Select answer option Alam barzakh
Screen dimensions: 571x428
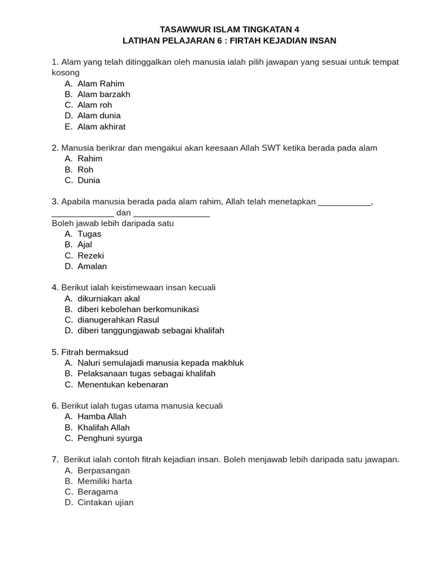[x=104, y=94]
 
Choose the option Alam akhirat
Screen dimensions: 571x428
[x=101, y=127]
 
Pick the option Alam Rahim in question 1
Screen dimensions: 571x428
[x=101, y=84]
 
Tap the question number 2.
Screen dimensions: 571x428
[x=55, y=148]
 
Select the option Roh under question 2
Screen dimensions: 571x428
[x=85, y=170]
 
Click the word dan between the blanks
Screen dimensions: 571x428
[x=124, y=212]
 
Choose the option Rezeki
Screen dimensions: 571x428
[x=91, y=255]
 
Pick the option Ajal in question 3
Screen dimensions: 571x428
[x=85, y=244]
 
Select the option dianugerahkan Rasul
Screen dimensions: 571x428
[x=118, y=320]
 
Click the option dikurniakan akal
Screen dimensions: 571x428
[x=109, y=298]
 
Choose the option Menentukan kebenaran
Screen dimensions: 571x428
[x=123, y=384]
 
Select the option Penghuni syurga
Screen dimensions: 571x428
[x=110, y=438]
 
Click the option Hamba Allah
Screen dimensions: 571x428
[x=102, y=417]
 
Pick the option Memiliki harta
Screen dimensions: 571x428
[x=105, y=481]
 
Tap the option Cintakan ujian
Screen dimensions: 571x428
[x=105, y=502]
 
